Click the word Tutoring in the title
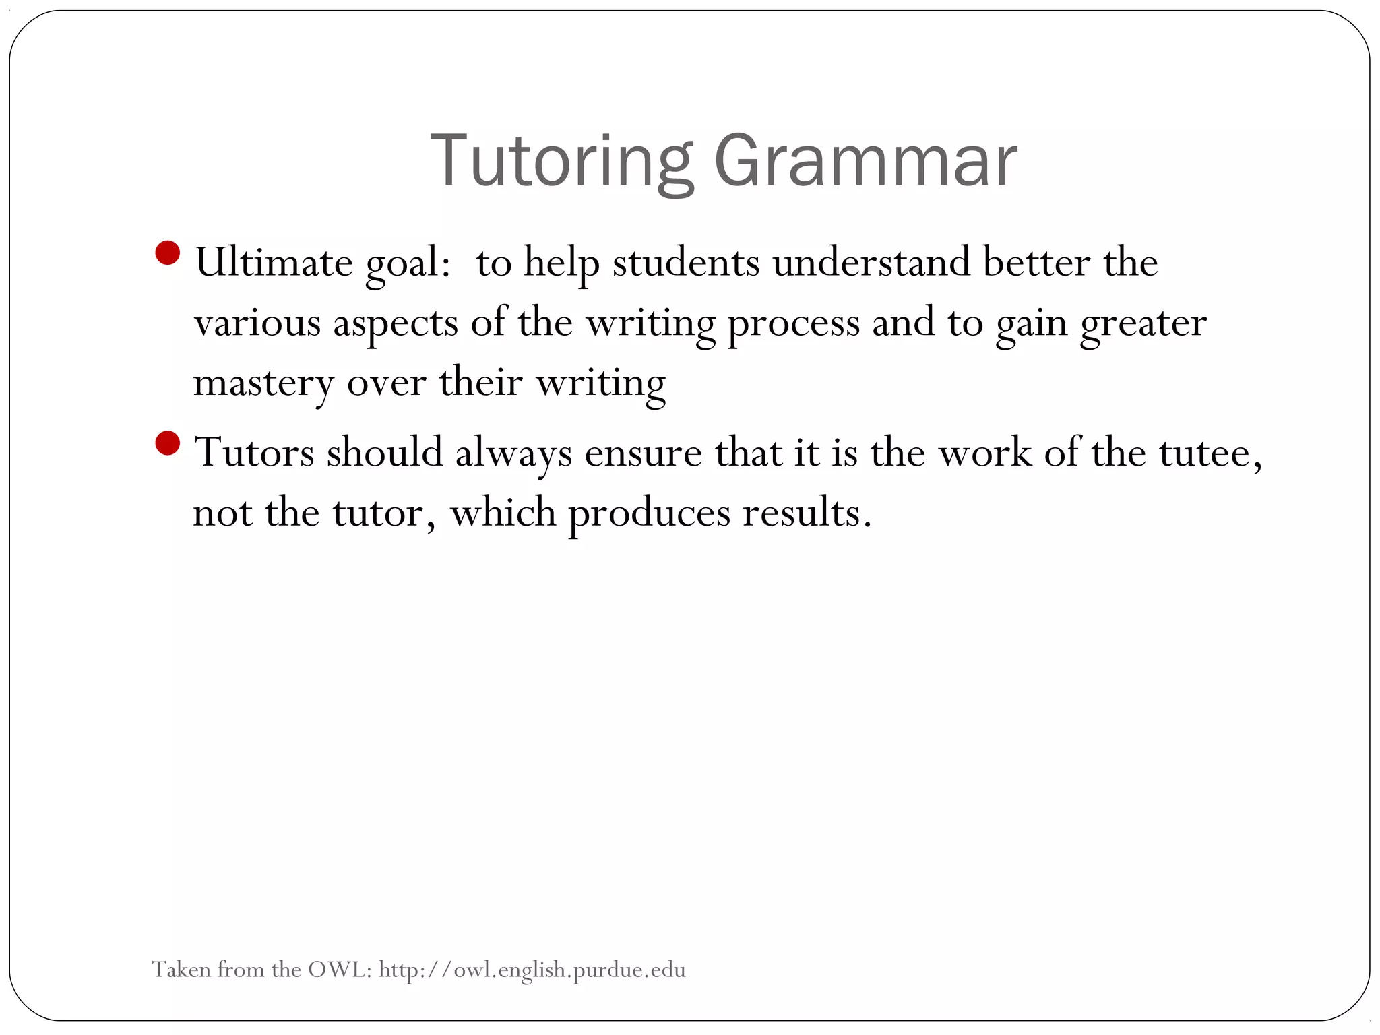pyautogui.click(x=562, y=162)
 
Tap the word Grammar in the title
pyautogui.click(x=865, y=162)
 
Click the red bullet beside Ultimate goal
pyautogui.click(x=167, y=254)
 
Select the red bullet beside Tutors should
pyautogui.click(x=167, y=444)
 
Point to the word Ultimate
pyautogui.click(x=274, y=262)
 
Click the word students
pyautogui.click(x=686, y=262)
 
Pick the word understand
pyautogui.click(x=871, y=262)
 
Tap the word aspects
pyautogui.click(x=396, y=323)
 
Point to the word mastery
pyautogui.click(x=263, y=384)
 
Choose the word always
pyautogui.click(x=513, y=453)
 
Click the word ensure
pyautogui.click(x=643, y=453)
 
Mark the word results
pyautogui.click(x=807, y=513)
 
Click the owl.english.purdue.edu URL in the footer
pyautogui.click(x=532, y=970)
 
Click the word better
pyautogui.click(x=1036, y=262)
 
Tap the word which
pyautogui.click(x=503, y=513)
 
